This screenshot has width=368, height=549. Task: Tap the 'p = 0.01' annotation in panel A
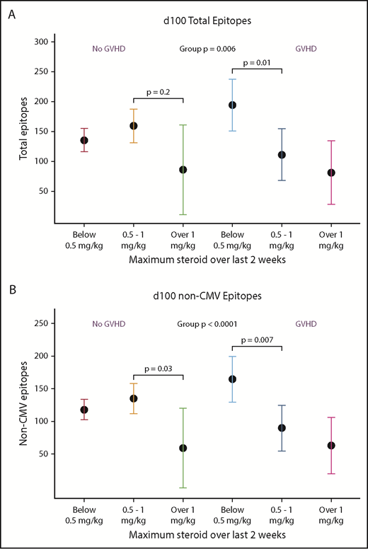257,62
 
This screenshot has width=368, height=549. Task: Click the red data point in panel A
84,140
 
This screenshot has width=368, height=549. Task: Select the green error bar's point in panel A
183,170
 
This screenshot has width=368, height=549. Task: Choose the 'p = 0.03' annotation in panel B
157,368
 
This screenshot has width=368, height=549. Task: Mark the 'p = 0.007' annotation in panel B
257,340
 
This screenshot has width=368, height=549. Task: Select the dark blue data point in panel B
282,427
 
